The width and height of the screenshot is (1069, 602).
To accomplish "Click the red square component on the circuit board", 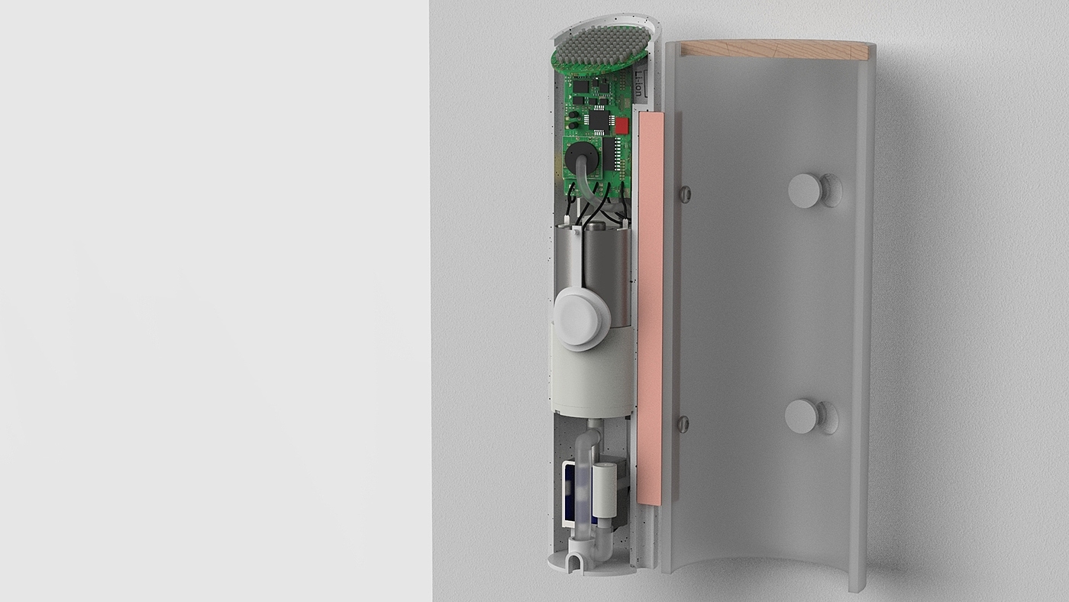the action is pos(622,125).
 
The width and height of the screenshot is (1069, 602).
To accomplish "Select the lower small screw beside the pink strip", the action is pos(683,422).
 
